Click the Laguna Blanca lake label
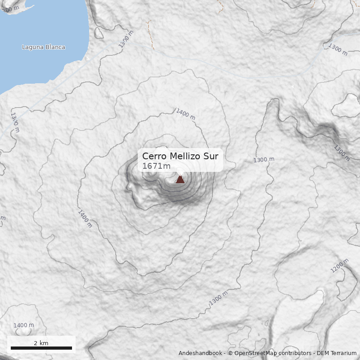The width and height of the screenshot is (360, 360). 44,47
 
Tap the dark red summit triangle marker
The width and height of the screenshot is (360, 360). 180,179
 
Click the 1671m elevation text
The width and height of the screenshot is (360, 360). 156,166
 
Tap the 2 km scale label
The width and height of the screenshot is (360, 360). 41,343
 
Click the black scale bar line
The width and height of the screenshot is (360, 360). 41,348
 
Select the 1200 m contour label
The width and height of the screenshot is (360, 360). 340,265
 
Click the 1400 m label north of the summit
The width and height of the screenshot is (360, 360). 185,114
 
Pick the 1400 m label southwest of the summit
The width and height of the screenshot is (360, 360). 85,219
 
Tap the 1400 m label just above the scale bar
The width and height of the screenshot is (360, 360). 23,325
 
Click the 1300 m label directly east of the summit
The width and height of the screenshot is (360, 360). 264,160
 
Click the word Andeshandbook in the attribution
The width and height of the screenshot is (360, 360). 200,353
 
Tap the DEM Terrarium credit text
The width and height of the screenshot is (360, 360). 337,353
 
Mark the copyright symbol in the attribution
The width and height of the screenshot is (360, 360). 230,353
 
